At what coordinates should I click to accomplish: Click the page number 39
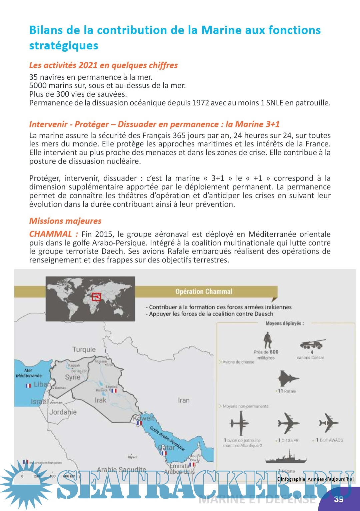click(x=339, y=499)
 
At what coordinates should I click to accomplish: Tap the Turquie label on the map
click(x=84, y=349)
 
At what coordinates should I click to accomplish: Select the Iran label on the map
click(x=184, y=400)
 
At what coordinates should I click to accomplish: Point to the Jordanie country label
click(x=63, y=412)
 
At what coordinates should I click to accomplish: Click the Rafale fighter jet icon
click(x=288, y=379)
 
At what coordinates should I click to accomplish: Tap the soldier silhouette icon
click(x=267, y=340)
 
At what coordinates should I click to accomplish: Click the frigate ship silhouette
click(x=286, y=458)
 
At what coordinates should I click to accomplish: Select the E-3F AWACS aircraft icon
click(x=329, y=423)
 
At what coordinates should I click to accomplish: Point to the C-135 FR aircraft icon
click(x=288, y=423)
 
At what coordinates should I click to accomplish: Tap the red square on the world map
click(x=96, y=297)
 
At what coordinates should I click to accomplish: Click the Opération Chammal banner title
click(x=204, y=292)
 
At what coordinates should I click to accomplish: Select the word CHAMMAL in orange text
click(x=51, y=234)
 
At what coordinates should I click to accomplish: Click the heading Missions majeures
click(x=65, y=221)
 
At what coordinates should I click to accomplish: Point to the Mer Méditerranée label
click(x=29, y=373)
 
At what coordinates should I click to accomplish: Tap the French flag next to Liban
click(x=28, y=385)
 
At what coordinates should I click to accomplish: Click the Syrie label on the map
click(x=73, y=377)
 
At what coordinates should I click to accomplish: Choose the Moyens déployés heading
click(x=284, y=323)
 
